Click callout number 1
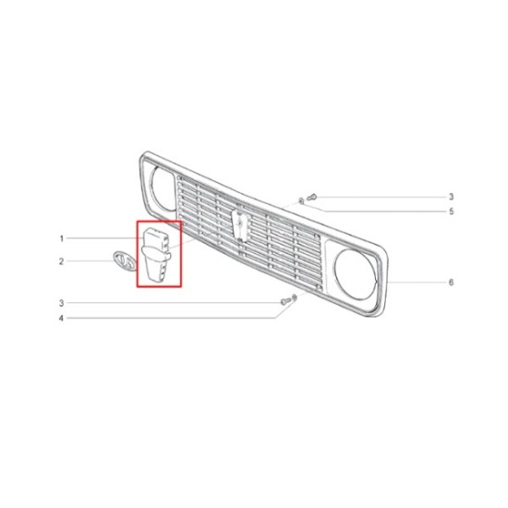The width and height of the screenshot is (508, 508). pyautogui.click(x=62, y=239)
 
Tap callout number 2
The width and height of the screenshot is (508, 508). pyautogui.click(x=62, y=261)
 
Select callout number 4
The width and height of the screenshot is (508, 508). pyautogui.click(x=61, y=318)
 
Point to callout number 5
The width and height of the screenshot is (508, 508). pyautogui.click(x=452, y=212)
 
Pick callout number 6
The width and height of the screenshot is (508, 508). pyautogui.click(x=452, y=283)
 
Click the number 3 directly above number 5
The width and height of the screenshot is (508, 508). pyautogui.click(x=452, y=197)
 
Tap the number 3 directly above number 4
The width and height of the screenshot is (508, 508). pyautogui.click(x=61, y=303)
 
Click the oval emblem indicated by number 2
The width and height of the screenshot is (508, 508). pyautogui.click(x=125, y=261)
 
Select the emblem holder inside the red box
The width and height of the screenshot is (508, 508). pyautogui.click(x=156, y=254)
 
